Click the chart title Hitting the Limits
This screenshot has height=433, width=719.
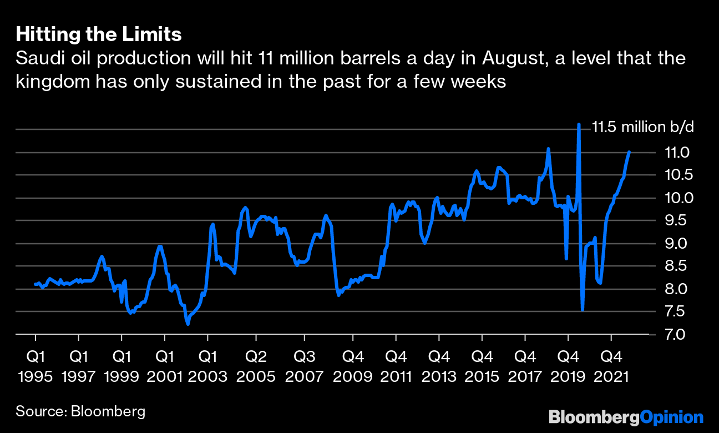click(x=99, y=35)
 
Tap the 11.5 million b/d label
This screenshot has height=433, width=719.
click(x=643, y=127)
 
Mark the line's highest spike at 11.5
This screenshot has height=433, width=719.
click(x=579, y=125)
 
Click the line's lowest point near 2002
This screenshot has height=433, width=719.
click(x=188, y=324)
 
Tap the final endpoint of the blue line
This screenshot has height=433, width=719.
click(x=629, y=152)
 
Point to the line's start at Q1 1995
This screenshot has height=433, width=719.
click(x=35, y=284)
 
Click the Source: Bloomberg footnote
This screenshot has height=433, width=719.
click(x=80, y=411)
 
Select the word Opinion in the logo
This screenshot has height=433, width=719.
click(x=671, y=416)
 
